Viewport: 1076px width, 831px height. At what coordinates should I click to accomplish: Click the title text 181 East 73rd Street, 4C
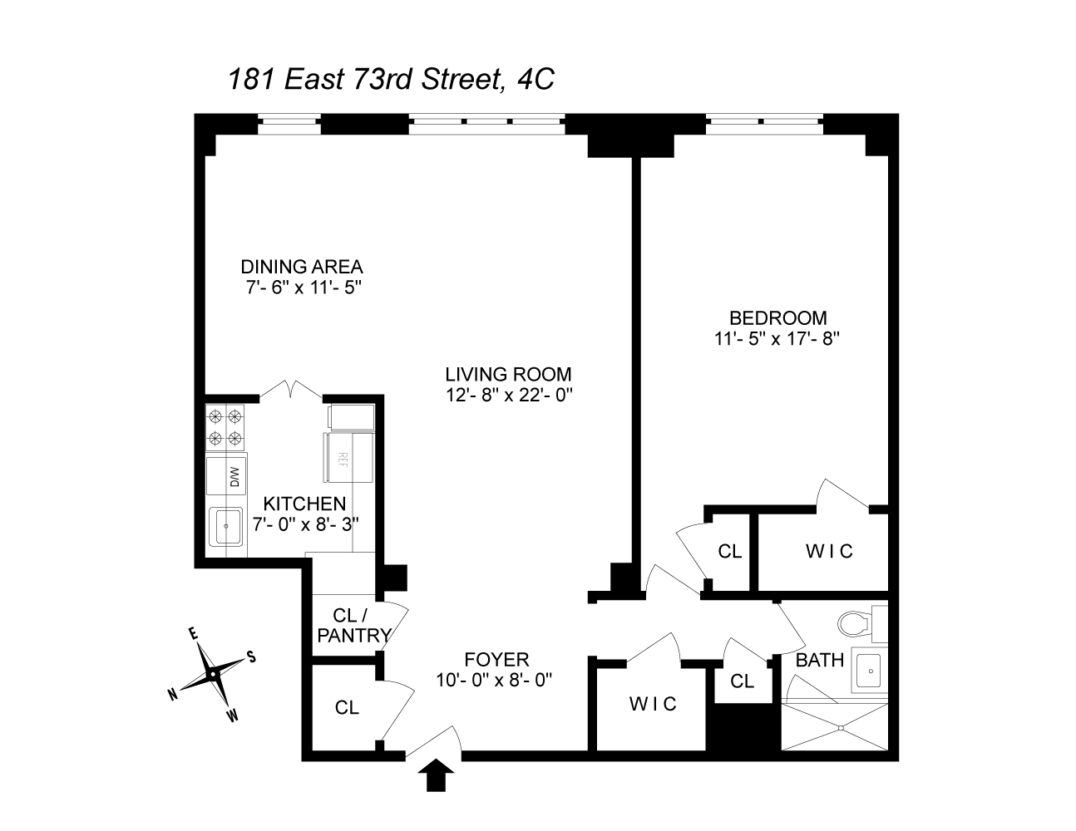[391, 80]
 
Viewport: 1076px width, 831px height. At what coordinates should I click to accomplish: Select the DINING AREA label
[302, 267]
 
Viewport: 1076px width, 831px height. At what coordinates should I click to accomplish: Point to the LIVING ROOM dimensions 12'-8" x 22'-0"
[508, 395]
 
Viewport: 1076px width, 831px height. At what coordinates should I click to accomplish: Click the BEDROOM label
[777, 317]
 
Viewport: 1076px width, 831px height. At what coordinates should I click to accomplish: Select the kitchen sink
[225, 525]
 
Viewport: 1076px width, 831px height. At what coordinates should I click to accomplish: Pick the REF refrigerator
[348, 455]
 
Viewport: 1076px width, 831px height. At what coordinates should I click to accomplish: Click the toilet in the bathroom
[857, 621]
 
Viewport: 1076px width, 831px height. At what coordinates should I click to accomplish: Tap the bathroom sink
[869, 666]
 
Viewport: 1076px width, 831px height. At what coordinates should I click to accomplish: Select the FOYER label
[496, 660]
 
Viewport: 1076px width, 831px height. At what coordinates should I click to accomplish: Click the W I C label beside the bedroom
[829, 551]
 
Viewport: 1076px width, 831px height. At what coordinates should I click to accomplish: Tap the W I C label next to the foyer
[653, 704]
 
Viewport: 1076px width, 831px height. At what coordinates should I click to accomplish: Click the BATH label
[820, 661]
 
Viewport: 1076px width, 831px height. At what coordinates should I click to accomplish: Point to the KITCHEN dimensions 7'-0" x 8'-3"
[305, 524]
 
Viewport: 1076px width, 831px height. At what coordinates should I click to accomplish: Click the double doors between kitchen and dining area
[291, 389]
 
